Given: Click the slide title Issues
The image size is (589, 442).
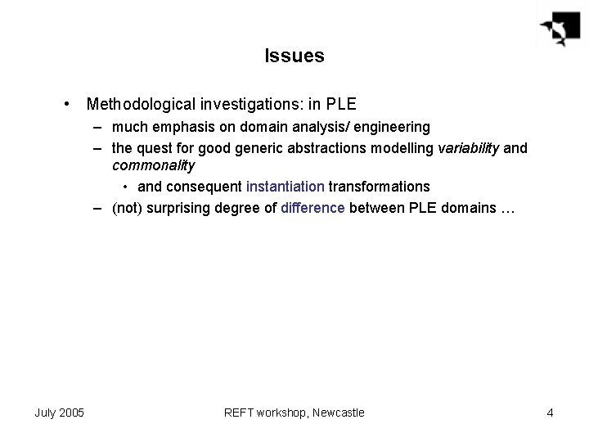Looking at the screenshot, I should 294,56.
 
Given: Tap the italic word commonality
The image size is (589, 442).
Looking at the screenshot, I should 153,165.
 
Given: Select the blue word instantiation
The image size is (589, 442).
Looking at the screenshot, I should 286,187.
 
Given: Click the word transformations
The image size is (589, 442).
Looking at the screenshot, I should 379,187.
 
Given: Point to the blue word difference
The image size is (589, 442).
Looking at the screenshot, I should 313,208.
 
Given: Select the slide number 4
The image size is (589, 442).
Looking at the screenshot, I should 550,413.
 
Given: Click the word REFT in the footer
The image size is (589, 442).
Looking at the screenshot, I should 239,413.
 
